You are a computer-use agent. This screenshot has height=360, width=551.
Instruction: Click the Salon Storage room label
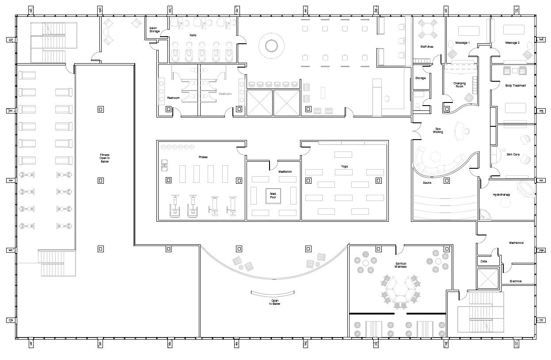click(154, 30)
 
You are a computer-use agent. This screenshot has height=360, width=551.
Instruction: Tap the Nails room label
click(193, 34)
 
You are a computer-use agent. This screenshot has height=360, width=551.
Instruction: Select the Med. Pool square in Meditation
click(273, 195)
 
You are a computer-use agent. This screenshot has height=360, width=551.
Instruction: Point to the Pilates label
click(203, 157)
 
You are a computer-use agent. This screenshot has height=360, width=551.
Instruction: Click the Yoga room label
click(344, 167)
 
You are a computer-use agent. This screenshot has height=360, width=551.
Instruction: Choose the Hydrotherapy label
click(502, 195)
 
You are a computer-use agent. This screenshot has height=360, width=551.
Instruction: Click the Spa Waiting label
click(437, 130)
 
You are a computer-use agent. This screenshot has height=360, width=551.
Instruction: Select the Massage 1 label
click(462, 43)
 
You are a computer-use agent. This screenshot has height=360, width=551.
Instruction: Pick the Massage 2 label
click(513, 43)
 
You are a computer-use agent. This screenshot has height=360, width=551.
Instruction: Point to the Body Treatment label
click(516, 85)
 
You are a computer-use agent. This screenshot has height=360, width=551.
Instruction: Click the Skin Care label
click(513, 154)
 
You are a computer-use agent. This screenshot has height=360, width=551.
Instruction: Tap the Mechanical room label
click(516, 243)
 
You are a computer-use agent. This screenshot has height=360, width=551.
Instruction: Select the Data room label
click(484, 261)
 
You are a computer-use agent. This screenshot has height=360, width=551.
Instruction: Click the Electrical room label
click(515, 281)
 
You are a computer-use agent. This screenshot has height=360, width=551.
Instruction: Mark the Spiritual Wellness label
click(400, 265)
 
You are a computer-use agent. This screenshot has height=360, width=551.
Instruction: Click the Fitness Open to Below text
click(104, 158)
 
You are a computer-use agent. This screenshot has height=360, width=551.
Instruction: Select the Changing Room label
click(459, 85)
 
